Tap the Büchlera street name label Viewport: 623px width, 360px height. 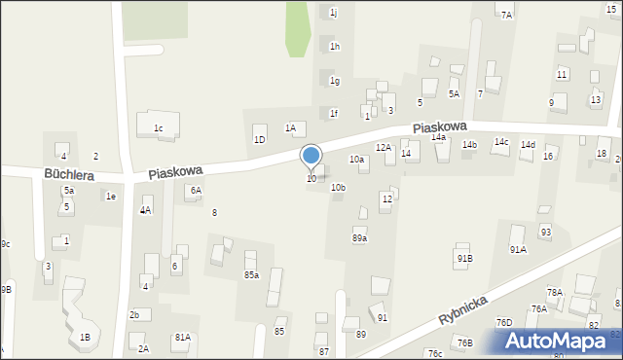(68, 174)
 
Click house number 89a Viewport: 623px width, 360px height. (359, 238)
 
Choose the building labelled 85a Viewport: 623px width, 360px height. (251, 275)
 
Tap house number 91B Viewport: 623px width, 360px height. (464, 258)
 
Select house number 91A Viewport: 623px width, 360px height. (518, 250)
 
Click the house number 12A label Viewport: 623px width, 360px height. (384, 148)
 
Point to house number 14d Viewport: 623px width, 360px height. (528, 145)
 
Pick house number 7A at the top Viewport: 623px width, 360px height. (506, 15)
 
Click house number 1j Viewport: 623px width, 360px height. (333, 13)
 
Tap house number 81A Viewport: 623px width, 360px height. (182, 338)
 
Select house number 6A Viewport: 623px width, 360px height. (196, 191)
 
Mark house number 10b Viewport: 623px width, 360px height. (338, 187)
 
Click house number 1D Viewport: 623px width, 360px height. (260, 140)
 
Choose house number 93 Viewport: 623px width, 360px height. (545, 232)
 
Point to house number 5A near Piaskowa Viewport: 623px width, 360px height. (454, 93)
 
